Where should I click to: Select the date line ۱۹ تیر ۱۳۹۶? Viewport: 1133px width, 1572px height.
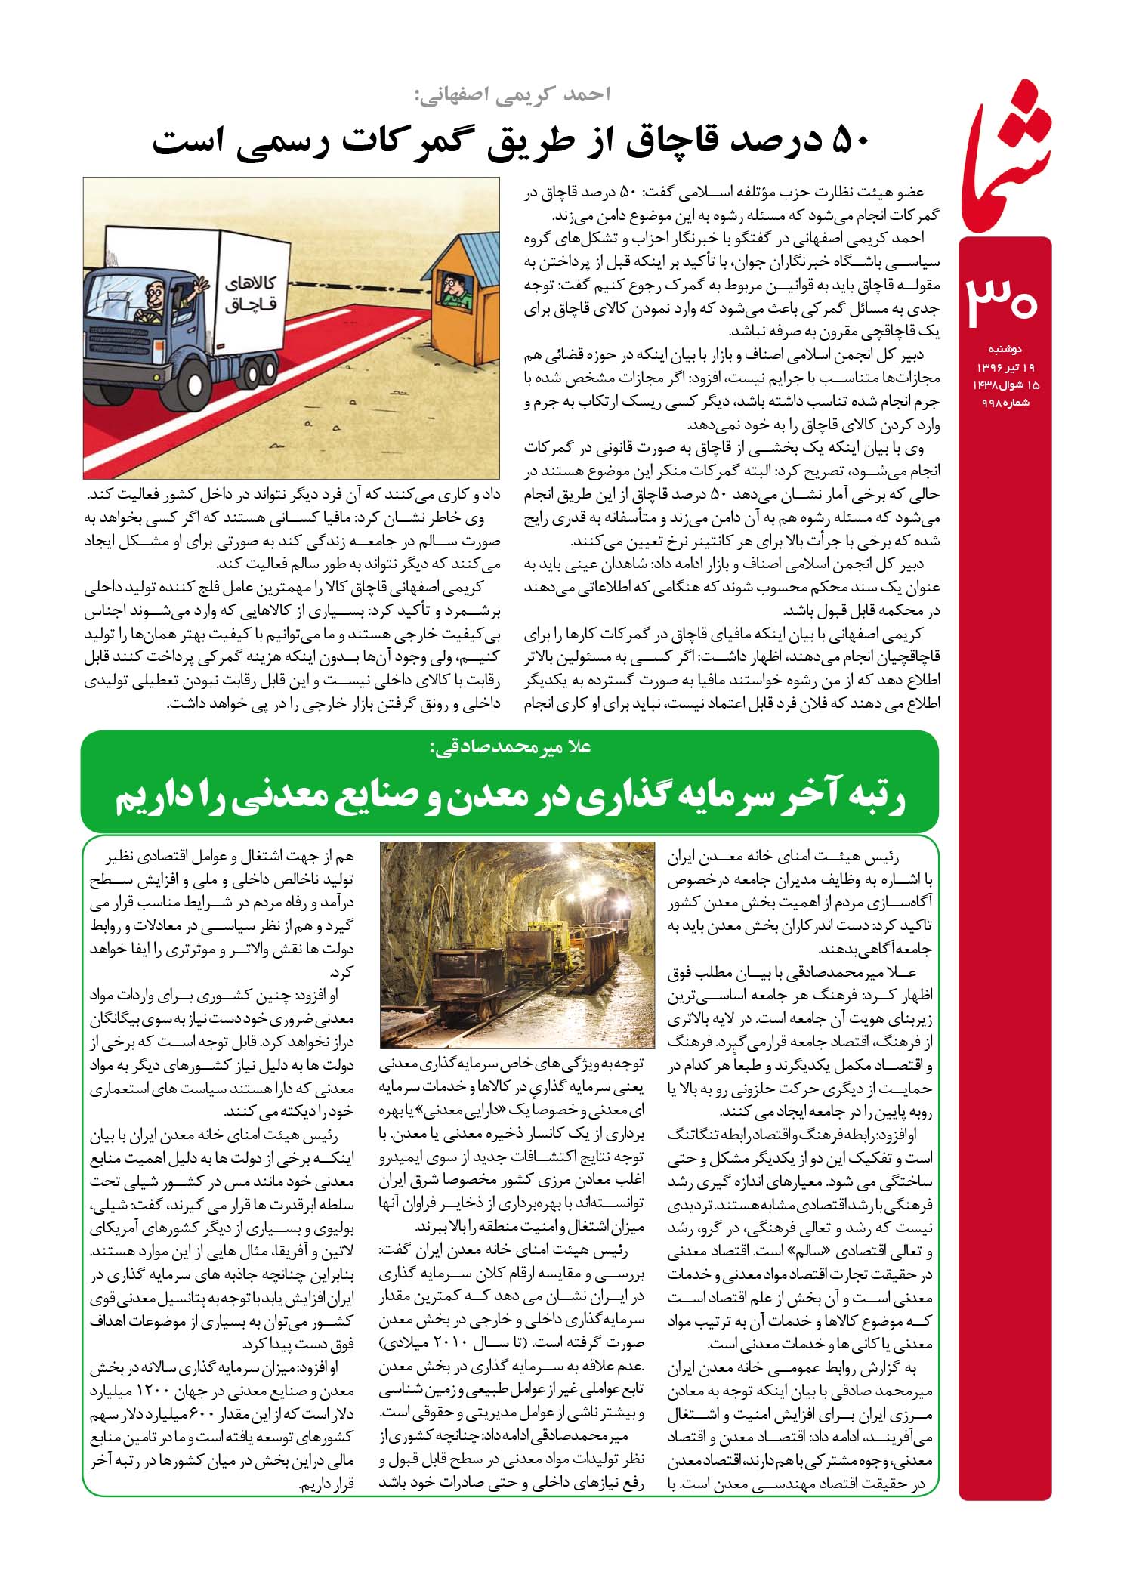tap(1005, 367)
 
